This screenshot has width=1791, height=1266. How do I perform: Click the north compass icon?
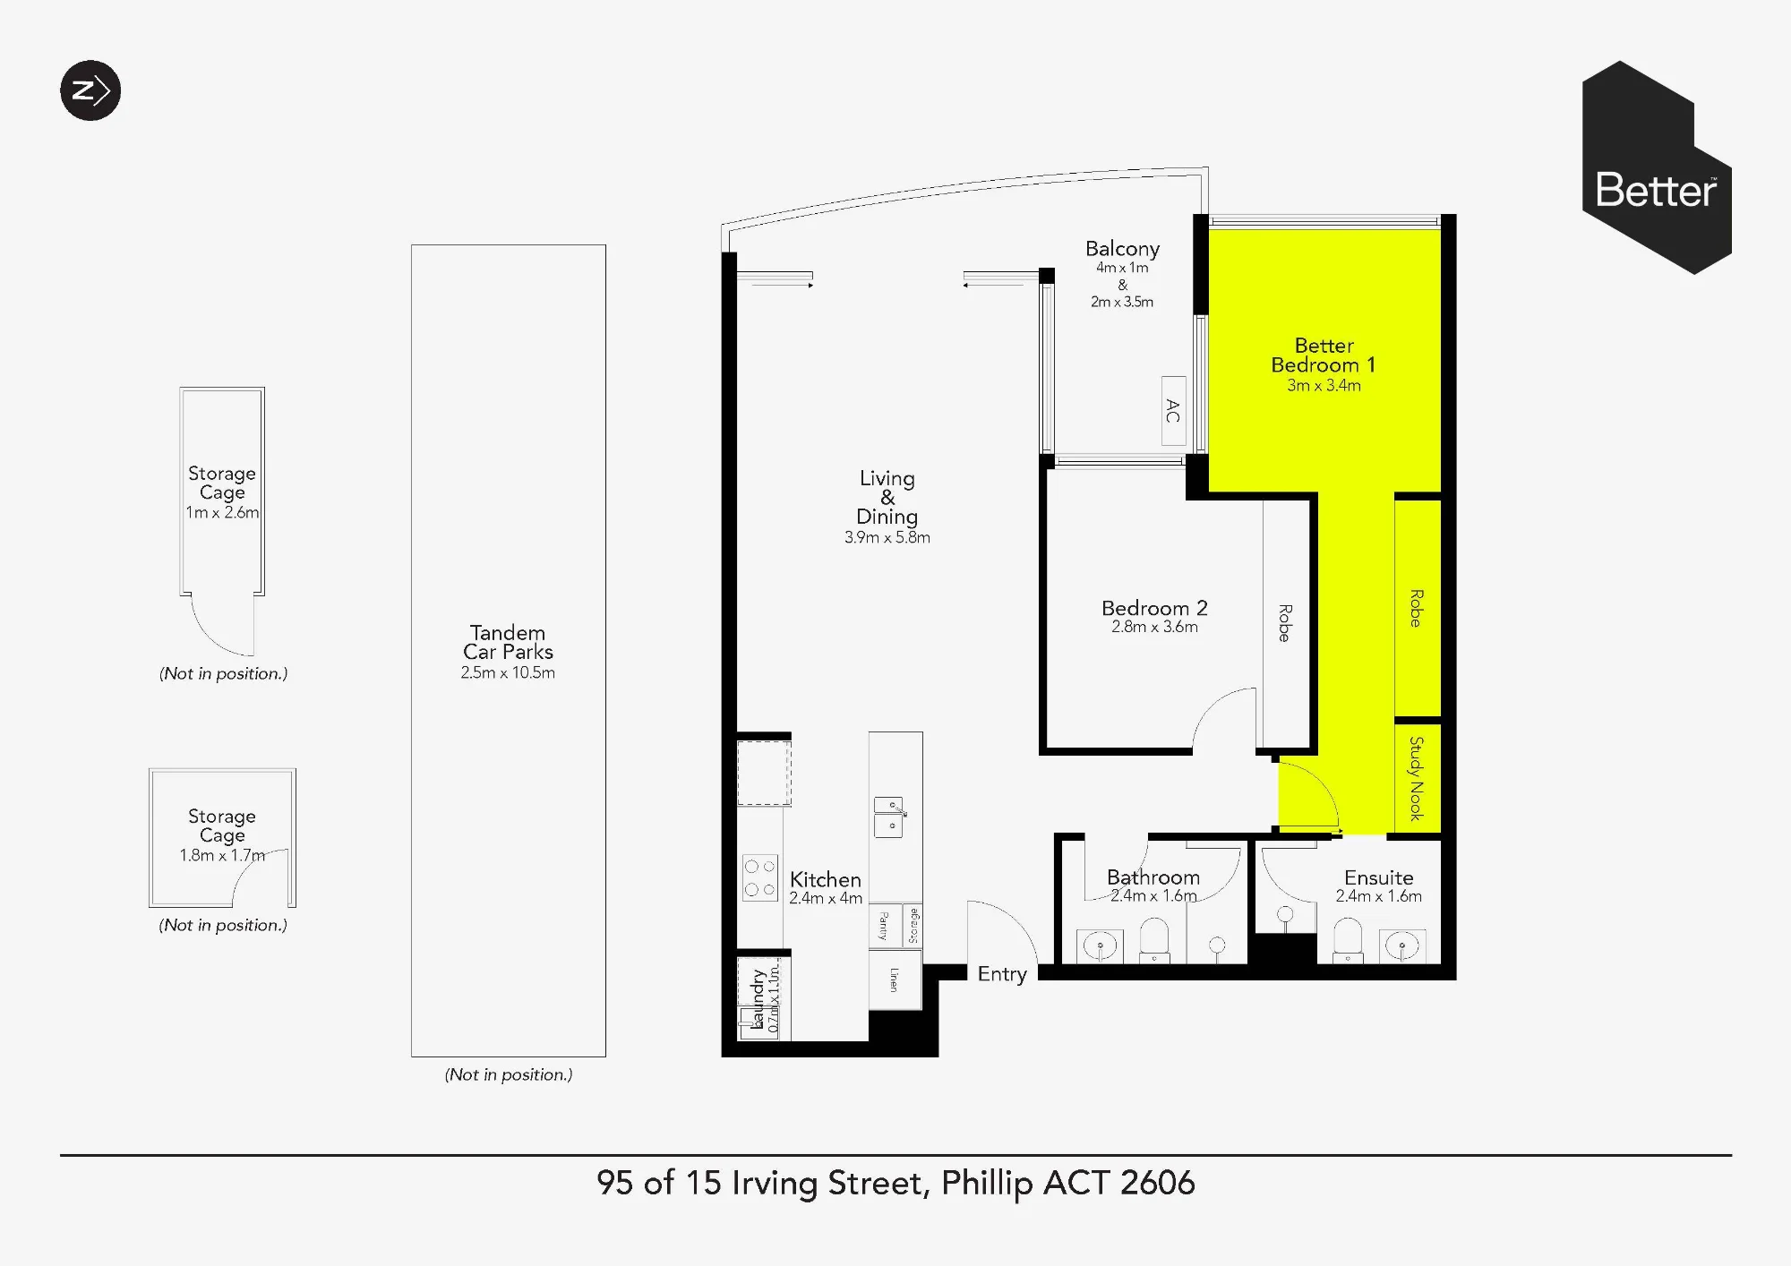pos(90,90)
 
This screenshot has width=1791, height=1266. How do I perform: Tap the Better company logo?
pos(1657,167)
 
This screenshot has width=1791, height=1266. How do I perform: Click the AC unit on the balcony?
pos(1173,411)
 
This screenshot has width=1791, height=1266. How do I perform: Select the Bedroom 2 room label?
pos(1154,608)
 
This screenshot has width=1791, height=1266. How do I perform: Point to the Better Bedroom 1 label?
pos(1324,355)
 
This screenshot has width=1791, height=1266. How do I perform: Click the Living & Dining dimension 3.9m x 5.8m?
pos(887,537)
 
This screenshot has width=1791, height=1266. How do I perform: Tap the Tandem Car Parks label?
pos(508,642)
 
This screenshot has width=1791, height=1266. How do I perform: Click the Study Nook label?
pos(1417,778)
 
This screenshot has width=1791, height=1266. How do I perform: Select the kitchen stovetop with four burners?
pos(759,878)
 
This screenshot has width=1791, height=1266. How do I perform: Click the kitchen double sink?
pos(889,817)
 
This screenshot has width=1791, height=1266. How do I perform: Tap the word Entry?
pos(1002,974)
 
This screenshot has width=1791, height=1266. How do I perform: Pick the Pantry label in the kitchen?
pos(883,925)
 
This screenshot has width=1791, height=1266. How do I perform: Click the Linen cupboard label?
pos(894,979)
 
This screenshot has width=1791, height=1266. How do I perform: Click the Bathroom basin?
pos(1099,945)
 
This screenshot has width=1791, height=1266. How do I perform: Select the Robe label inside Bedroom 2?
pos(1284,622)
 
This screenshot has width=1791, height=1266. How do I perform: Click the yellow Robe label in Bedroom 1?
pos(1417,608)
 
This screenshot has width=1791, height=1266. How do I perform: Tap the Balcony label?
pos(1122,249)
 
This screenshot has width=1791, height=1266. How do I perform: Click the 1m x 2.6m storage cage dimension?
pos(222,512)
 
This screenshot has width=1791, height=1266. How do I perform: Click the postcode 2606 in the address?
pos(1157,1183)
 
